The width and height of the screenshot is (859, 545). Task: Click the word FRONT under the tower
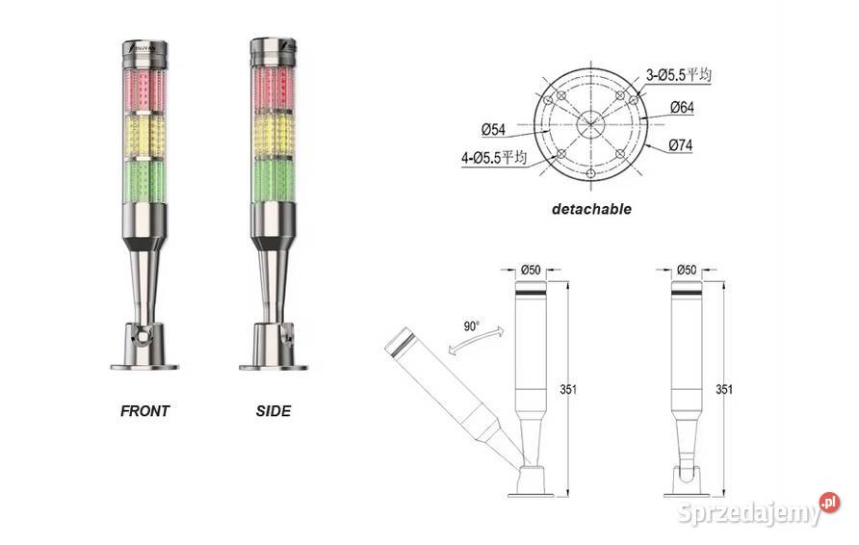[x=144, y=411]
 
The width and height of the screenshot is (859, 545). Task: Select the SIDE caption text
[x=273, y=411]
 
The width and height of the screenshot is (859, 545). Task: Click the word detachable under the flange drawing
[x=591, y=208]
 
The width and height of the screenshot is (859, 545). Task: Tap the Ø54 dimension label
[x=495, y=128]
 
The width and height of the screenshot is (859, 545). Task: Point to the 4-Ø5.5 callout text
[x=492, y=157]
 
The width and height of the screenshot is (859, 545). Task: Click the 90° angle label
[x=470, y=326]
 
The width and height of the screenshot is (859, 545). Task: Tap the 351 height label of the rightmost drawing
[x=724, y=390]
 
